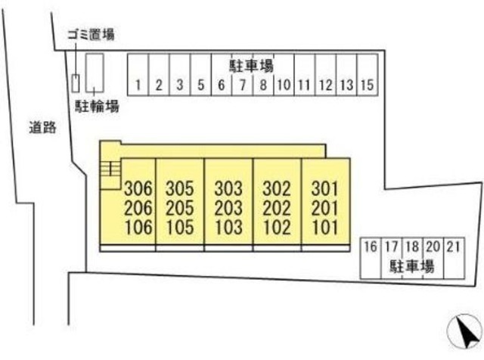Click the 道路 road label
click(44, 128)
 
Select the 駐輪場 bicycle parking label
click(95, 107)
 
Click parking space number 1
click(138, 85)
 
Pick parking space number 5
click(200, 85)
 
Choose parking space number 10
click(283, 85)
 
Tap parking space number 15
click(366, 85)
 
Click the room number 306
click(138, 188)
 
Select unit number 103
click(228, 227)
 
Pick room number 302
click(277, 188)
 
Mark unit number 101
click(325, 227)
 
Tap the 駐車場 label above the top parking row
click(251, 64)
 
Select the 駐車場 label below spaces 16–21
click(411, 265)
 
